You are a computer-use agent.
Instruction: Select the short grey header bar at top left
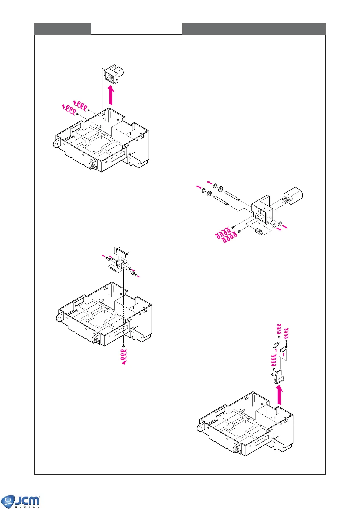tap(63, 29)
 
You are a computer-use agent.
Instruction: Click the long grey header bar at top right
tap(253, 29)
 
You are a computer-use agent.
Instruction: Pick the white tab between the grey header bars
tap(136, 29)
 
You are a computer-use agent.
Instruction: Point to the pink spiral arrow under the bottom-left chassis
tap(124, 356)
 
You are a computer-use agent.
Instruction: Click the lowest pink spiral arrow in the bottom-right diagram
tap(274, 360)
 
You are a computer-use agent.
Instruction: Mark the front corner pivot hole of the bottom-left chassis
tap(96, 339)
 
